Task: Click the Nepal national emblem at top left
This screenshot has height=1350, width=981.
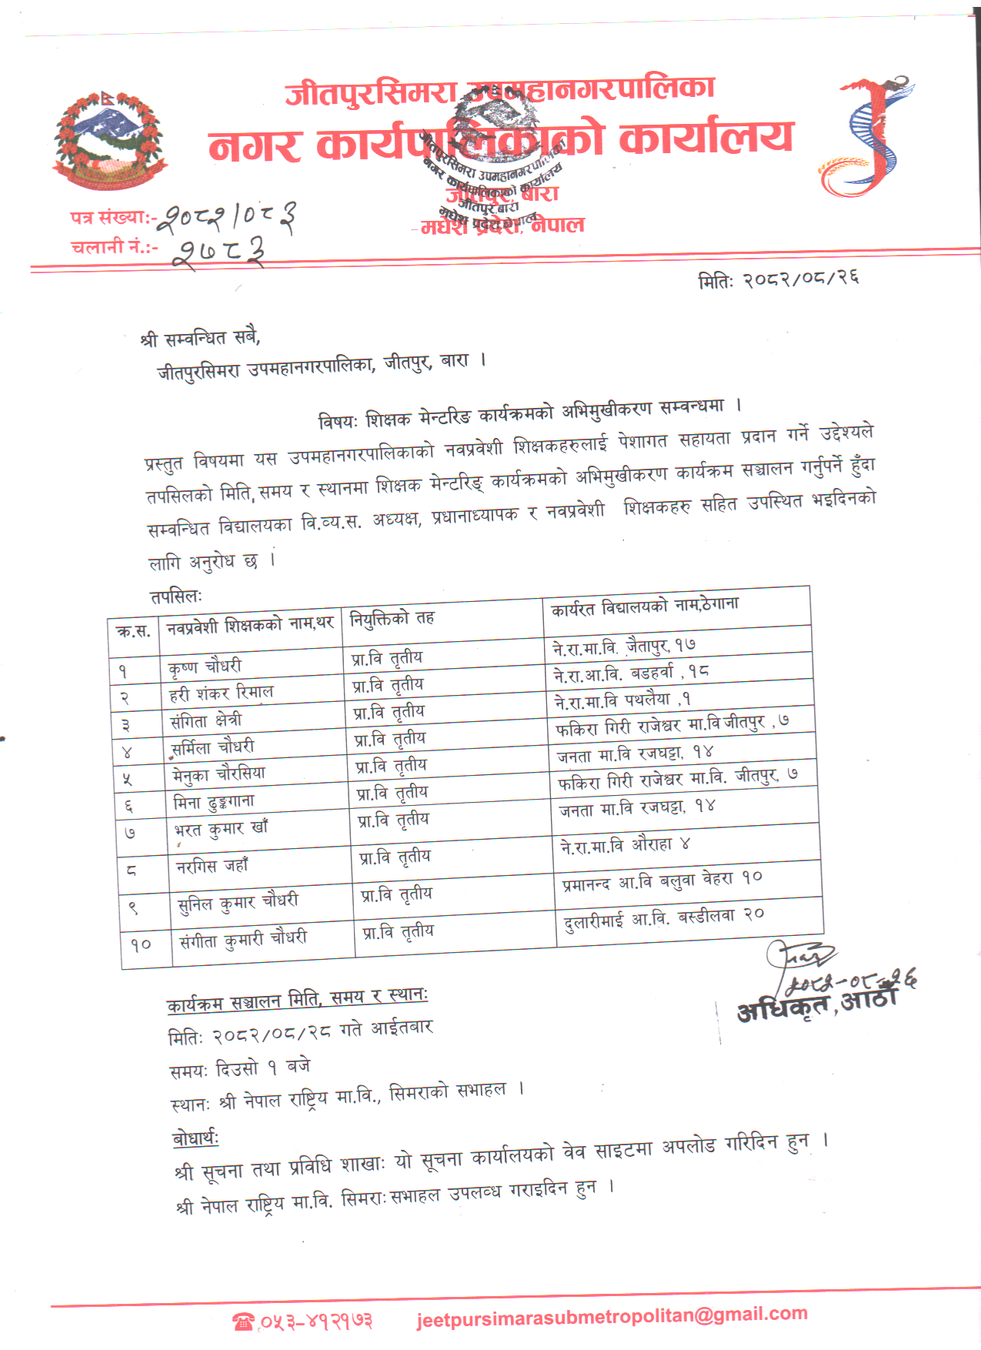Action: pos(108,141)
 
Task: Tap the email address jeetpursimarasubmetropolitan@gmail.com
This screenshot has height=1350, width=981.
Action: pos(612,1315)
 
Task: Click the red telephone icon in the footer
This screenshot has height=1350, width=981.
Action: pos(243,1322)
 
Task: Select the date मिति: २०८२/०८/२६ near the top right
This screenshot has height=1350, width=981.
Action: pos(778,279)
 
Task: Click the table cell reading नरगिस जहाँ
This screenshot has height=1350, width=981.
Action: pos(212,866)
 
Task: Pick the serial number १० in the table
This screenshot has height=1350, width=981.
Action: pos(141,944)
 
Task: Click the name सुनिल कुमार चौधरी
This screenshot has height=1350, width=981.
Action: pos(238,902)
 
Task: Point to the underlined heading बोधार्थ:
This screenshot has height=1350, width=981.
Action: pos(195,1138)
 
